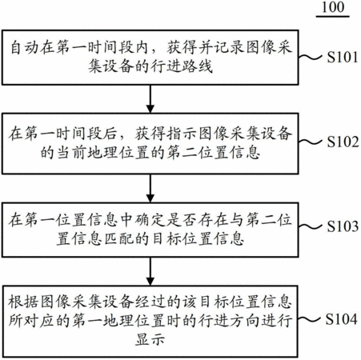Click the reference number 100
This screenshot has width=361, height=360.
coord(333,7)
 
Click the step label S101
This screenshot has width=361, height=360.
coord(343,57)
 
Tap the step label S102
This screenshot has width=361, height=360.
coord(343,142)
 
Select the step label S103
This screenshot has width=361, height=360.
coord(343,226)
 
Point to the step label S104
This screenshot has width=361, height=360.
coord(342,319)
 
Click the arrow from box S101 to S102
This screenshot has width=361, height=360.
coord(150,99)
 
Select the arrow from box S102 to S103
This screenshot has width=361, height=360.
coord(150,188)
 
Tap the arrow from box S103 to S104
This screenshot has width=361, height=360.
coord(150,271)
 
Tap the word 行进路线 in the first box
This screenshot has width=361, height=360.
coord(183,66)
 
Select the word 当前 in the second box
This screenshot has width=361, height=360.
coord(72,153)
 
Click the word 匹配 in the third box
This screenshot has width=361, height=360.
coord(118,238)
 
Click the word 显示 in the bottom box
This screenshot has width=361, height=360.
coord(150,339)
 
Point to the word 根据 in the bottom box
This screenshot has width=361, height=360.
coord(24,302)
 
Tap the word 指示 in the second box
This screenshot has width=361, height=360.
coord(183,134)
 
